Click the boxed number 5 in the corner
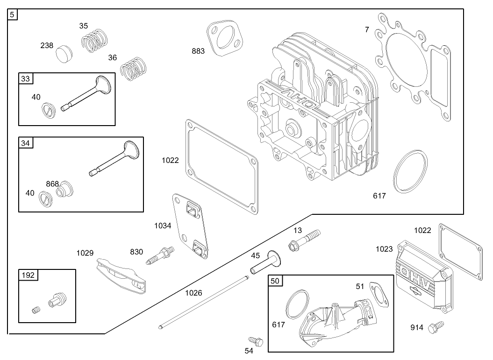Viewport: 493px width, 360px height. tap(13, 14)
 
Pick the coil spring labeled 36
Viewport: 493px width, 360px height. tap(133, 69)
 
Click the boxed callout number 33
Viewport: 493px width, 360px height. tap(25, 78)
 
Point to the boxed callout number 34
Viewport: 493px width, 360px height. tap(25, 143)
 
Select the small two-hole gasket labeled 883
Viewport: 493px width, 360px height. tap(224, 37)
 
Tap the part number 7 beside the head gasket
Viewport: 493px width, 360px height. tap(367, 29)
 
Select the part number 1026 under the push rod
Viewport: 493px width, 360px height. tap(193, 293)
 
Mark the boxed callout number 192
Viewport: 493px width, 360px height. tap(28, 275)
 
